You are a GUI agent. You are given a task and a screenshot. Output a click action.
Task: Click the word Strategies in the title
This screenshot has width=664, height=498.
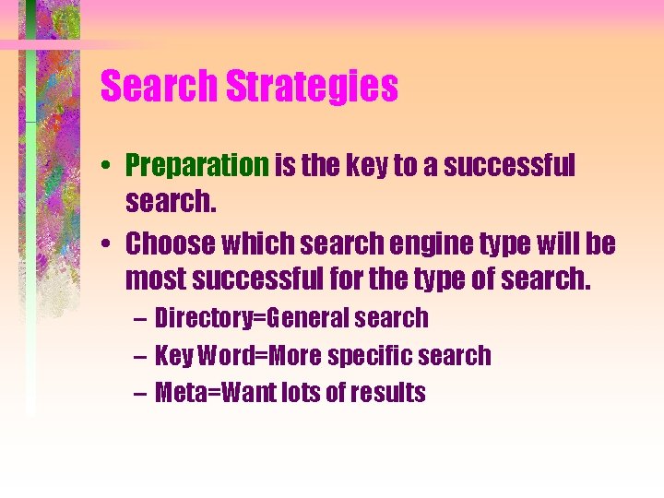pos(312,88)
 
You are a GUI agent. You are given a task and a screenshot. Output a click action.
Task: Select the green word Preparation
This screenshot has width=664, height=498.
pos(196,166)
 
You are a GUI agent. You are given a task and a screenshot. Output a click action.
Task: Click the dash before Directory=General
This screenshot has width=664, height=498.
pos(138,319)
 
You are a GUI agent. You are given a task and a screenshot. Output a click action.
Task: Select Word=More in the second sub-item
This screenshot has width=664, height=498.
pos(250,355)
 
